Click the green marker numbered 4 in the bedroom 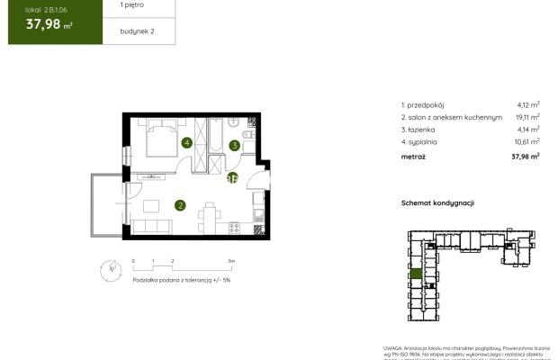coord(186,142)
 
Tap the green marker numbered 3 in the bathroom coord(233,145)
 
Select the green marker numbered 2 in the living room coord(181,205)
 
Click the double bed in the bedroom coord(161,139)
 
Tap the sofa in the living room coord(150,225)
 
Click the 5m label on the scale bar coord(231,260)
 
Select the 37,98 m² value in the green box coord(43,24)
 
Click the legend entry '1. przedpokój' coord(426,104)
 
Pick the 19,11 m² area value coord(526,117)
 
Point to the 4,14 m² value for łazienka coord(527,129)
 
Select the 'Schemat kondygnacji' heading coord(437,204)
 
